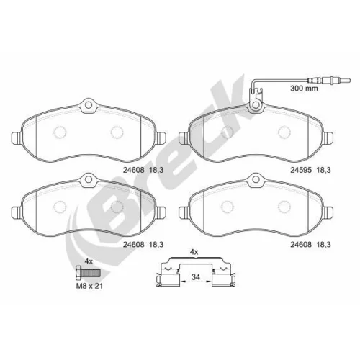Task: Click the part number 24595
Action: (301, 170)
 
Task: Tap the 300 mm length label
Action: (304, 89)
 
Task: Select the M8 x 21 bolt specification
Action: (89, 286)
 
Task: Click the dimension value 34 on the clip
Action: (196, 277)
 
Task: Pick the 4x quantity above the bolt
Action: (89, 261)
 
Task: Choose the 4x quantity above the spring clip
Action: (194, 252)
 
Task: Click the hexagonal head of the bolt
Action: (78, 273)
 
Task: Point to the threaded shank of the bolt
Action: (91, 273)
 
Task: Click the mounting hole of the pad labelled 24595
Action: (256, 105)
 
